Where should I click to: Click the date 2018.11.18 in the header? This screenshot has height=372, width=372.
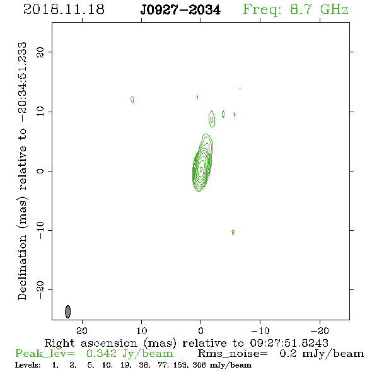(x=64, y=9)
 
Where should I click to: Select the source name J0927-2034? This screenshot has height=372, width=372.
(x=180, y=10)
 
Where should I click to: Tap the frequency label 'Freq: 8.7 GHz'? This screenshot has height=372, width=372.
(x=296, y=9)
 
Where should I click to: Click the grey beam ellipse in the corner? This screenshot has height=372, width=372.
(x=68, y=311)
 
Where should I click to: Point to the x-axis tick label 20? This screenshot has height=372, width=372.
(x=82, y=331)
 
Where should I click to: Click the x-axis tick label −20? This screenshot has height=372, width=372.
(x=320, y=331)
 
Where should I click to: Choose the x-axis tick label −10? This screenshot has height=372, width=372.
(x=260, y=331)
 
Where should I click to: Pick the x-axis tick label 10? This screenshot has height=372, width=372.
(x=142, y=331)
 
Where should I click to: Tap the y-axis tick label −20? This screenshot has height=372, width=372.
(x=40, y=290)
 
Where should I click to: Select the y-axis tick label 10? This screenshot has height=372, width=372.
(x=40, y=112)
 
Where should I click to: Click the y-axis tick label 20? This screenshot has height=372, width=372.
(x=40, y=52)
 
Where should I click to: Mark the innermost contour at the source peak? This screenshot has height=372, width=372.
(x=201, y=169)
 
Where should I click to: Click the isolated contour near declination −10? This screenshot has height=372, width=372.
(x=233, y=232)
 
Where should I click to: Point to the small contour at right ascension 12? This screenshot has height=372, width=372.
(x=132, y=99)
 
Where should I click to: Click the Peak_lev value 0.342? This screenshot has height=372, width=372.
(x=102, y=354)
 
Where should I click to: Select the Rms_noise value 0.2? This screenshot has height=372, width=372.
(x=288, y=354)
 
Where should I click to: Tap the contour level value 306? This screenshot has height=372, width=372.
(x=199, y=365)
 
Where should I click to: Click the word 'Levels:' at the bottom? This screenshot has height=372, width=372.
(x=28, y=365)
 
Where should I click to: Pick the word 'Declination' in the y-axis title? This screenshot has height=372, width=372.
(x=22, y=267)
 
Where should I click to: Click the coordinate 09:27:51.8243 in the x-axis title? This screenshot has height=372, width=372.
(x=289, y=343)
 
